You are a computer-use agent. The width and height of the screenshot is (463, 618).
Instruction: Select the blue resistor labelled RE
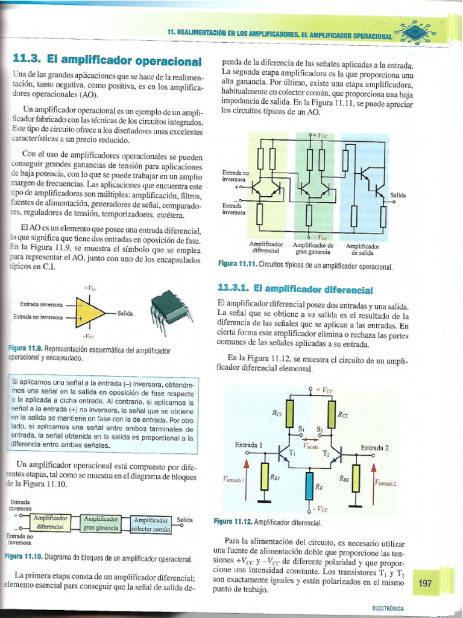[x=310, y=485]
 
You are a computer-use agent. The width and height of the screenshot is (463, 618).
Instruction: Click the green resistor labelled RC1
[x=290, y=415]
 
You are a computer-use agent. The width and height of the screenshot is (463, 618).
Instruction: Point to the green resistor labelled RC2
[x=332, y=414]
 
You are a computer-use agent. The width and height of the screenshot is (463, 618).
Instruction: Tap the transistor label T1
[x=293, y=452]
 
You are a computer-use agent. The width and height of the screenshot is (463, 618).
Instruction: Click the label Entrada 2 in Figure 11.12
[x=375, y=447]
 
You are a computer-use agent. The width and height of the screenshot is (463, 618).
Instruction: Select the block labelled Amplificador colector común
[x=151, y=524]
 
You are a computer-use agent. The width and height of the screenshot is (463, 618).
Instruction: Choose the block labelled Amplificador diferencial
[x=50, y=523]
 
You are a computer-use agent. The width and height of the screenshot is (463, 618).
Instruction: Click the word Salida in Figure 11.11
[x=398, y=196]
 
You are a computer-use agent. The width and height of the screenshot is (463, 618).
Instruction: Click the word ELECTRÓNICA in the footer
[x=388, y=610]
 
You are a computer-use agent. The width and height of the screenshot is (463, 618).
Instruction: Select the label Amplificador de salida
[x=363, y=249]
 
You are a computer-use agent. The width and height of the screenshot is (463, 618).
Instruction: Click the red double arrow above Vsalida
[x=311, y=439]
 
